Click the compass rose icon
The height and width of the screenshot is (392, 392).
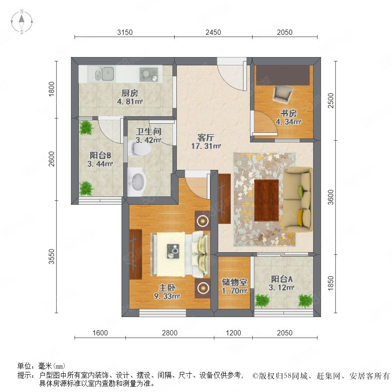pyautogui.click(x=22, y=22)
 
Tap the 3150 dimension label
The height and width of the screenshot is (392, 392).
pyautogui.click(x=125, y=32)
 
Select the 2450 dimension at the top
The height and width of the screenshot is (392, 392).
pyautogui.click(x=213, y=32)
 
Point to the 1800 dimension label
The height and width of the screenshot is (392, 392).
pyautogui.click(x=51, y=89)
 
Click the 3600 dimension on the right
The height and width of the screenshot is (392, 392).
pyautogui.click(x=331, y=197)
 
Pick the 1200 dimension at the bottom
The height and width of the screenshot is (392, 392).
pyautogui.click(x=233, y=333)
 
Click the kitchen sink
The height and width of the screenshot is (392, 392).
pyautogui.click(x=105, y=74)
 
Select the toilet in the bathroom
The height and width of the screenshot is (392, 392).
pyautogui.click(x=139, y=149)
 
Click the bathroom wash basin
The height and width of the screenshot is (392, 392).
pyautogui.click(x=137, y=182)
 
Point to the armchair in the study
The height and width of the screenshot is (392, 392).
pyautogui.click(x=283, y=94)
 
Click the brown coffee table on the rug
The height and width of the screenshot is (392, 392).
pyautogui.click(x=267, y=200)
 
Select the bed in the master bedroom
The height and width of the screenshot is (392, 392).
pyautogui.click(x=180, y=254)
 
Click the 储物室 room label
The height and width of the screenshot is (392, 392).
pyautogui.click(x=234, y=282)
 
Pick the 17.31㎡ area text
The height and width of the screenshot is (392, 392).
pyautogui.click(x=206, y=146)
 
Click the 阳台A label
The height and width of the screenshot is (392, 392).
pyautogui.click(x=282, y=279)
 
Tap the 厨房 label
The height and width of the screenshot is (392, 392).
pyautogui.click(x=129, y=93)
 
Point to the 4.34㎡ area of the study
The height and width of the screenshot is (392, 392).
pyautogui.click(x=288, y=122)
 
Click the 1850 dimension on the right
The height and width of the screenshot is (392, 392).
pyautogui.click(x=331, y=283)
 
